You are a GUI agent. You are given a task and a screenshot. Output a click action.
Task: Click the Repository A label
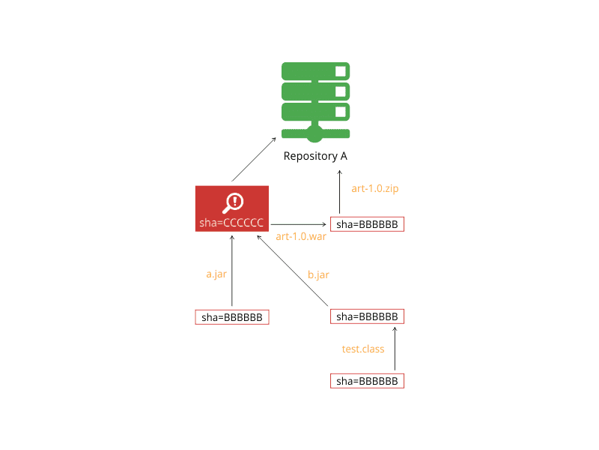click(315, 156)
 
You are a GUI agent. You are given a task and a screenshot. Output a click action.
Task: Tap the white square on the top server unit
click(341, 71)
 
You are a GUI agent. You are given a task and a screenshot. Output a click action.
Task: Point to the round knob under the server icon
click(315, 134)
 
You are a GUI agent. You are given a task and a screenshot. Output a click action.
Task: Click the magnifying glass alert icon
click(233, 202)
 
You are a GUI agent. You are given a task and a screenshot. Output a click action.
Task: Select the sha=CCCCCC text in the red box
click(231, 223)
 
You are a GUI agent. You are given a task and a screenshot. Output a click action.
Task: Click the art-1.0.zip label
click(375, 188)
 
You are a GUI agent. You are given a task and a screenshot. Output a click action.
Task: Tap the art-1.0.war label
click(301, 236)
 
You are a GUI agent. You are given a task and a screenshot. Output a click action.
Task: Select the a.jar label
click(216, 274)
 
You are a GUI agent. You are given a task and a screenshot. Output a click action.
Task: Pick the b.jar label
click(318, 274)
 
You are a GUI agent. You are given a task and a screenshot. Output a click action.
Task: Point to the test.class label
click(363, 349)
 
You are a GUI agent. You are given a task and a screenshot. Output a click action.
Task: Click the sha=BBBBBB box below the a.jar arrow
click(232, 317)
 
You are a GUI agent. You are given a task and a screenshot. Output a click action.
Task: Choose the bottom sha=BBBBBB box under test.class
click(367, 381)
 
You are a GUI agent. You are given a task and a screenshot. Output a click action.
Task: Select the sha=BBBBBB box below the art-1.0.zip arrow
click(367, 224)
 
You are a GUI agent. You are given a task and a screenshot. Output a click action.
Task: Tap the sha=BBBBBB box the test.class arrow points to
click(367, 316)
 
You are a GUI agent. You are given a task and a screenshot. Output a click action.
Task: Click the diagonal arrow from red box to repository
click(254, 160)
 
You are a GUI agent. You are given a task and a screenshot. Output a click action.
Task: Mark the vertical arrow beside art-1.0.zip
click(340, 192)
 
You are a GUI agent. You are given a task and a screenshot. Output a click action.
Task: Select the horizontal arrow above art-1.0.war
click(298, 224)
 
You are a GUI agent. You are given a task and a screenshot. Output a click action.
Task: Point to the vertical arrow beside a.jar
click(232, 271)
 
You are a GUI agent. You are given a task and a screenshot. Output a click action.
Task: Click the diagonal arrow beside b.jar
click(293, 271)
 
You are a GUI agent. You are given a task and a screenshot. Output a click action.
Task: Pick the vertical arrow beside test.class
click(395, 349)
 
